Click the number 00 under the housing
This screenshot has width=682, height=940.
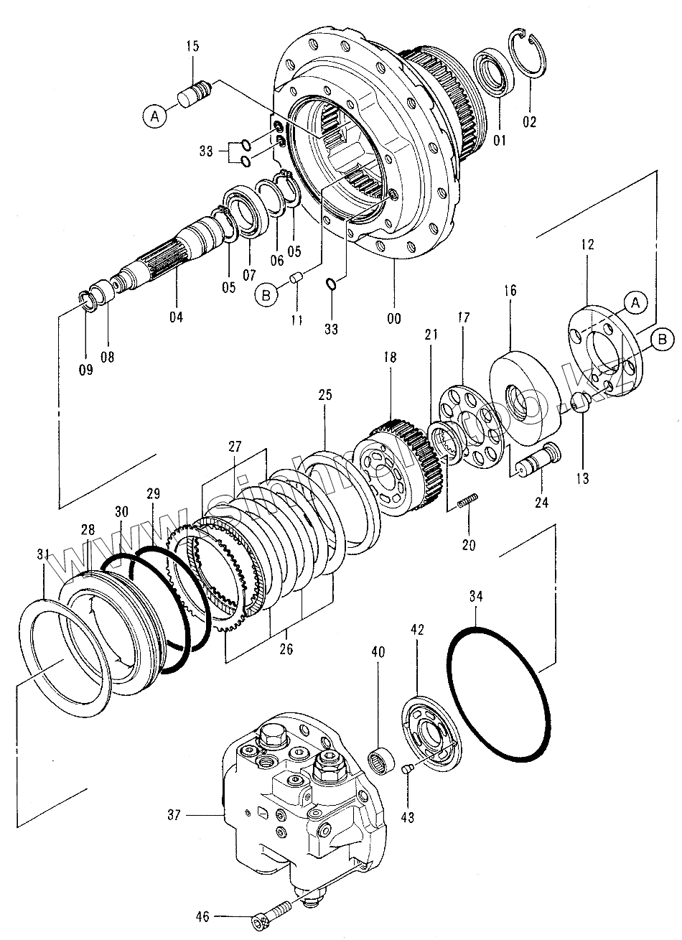(393, 318)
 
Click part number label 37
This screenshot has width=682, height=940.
(173, 814)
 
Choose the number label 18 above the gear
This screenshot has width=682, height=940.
(390, 357)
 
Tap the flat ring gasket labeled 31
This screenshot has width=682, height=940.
(63, 650)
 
